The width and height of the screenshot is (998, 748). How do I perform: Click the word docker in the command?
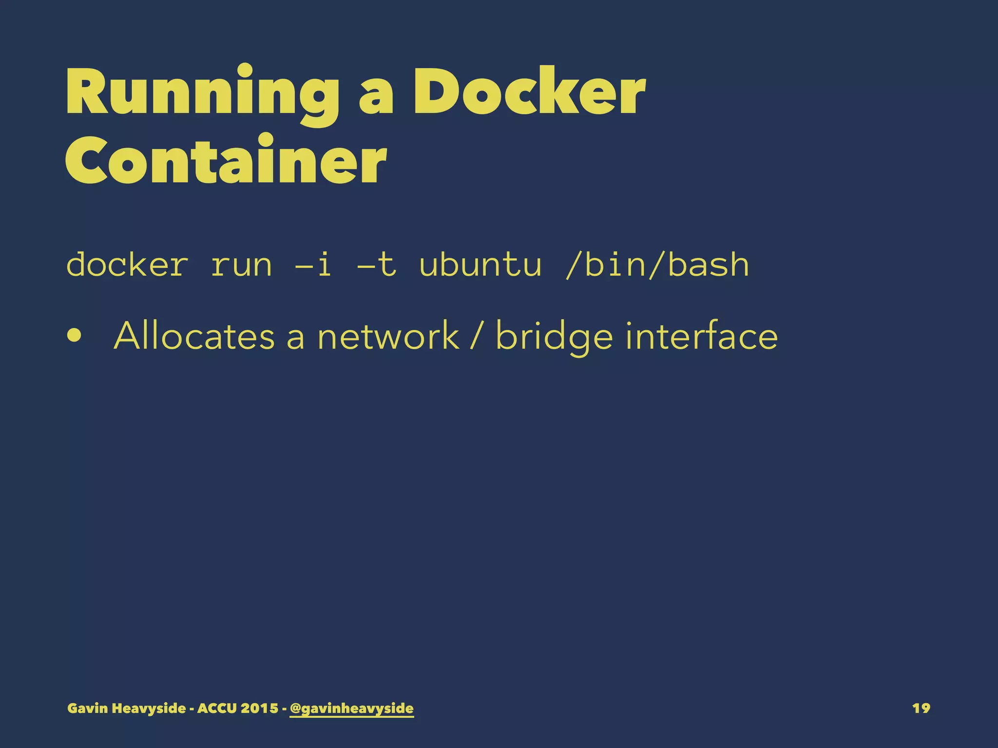coord(127,265)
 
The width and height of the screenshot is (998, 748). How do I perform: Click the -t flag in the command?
coord(376,265)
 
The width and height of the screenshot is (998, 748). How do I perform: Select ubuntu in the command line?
coord(480,265)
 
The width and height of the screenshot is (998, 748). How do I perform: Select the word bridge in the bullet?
coord(554,337)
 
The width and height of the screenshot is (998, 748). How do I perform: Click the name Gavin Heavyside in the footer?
coord(127,708)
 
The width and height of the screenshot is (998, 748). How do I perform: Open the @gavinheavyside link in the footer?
coord(351,709)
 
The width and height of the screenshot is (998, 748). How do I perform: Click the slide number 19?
coord(921,708)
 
